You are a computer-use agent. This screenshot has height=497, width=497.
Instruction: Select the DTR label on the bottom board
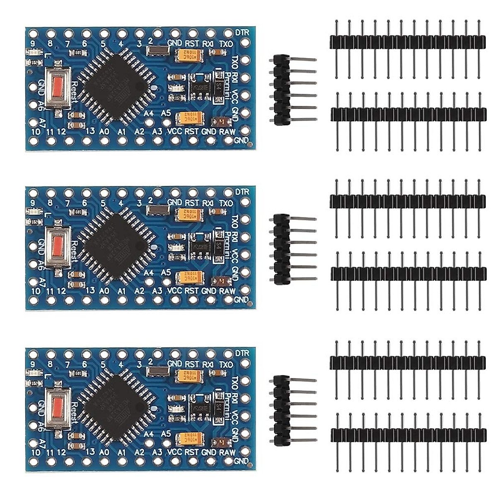[x=242, y=353]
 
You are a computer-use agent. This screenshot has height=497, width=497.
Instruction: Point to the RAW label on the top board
[x=227, y=132]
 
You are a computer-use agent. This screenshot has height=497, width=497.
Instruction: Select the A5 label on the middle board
[x=166, y=272]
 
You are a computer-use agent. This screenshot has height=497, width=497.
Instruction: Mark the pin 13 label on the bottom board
[x=89, y=451]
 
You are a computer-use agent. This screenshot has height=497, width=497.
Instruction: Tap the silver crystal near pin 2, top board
[x=157, y=51]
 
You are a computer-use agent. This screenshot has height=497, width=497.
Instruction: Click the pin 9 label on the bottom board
[x=32, y=364]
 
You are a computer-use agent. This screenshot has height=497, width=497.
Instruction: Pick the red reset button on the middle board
[x=58, y=247]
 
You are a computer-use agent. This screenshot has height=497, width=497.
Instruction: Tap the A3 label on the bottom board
[x=157, y=452]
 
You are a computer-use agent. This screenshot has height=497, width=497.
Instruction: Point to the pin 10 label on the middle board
[x=36, y=291]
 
